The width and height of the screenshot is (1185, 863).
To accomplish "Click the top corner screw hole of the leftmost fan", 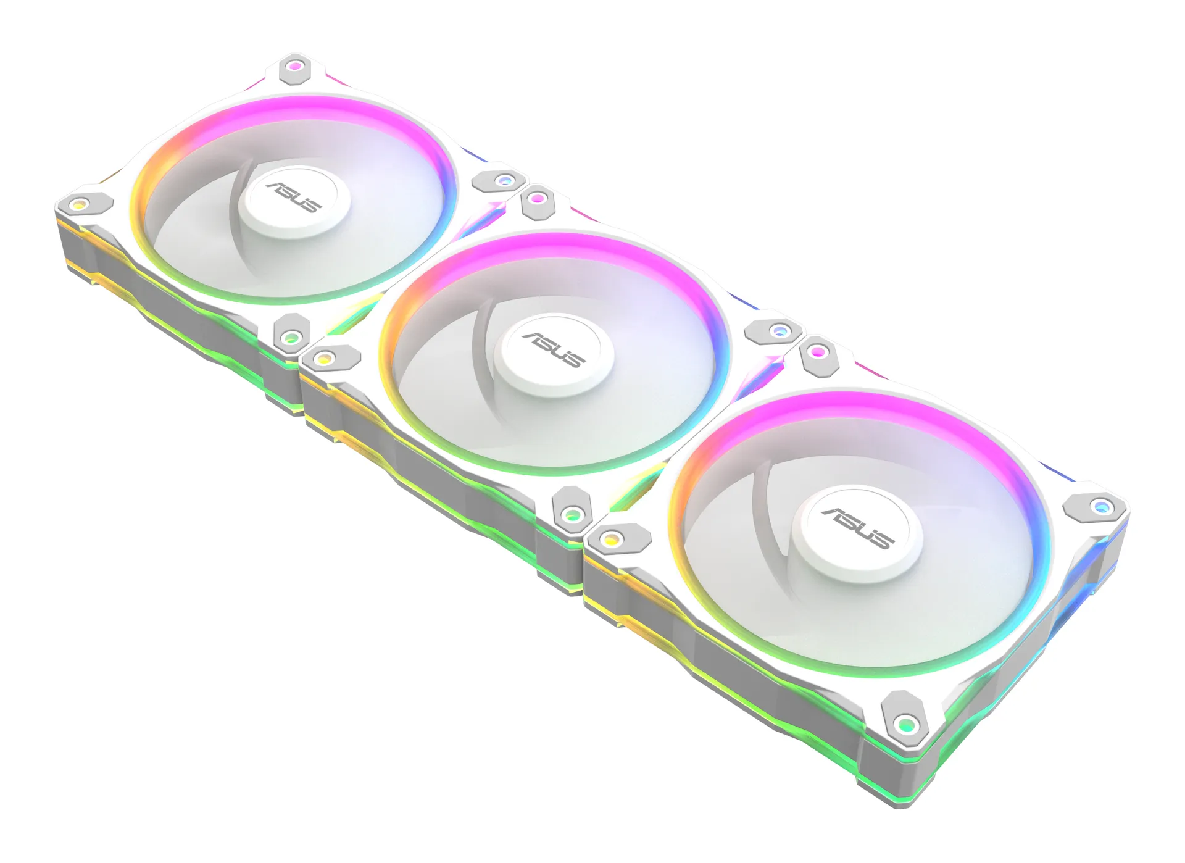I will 295,66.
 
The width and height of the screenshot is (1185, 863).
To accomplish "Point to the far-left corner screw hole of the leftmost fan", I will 78,204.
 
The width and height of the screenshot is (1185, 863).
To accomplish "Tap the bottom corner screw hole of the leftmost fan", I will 291,338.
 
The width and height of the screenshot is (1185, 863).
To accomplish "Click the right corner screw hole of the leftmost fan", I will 505,180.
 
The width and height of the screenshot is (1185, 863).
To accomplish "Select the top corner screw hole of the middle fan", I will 538,199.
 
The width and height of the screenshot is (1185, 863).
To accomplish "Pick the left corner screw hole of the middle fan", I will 323,359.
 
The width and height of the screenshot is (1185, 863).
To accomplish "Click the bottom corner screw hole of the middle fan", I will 572,514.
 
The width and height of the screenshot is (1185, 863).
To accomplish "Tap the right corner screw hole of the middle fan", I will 780,331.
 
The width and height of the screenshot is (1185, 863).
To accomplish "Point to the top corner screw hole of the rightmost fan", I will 818,352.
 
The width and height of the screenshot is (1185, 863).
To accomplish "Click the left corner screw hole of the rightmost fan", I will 612,540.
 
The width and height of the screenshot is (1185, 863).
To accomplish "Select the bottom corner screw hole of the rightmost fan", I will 905,724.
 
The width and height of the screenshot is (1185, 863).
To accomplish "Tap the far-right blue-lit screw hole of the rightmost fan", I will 1100,507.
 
